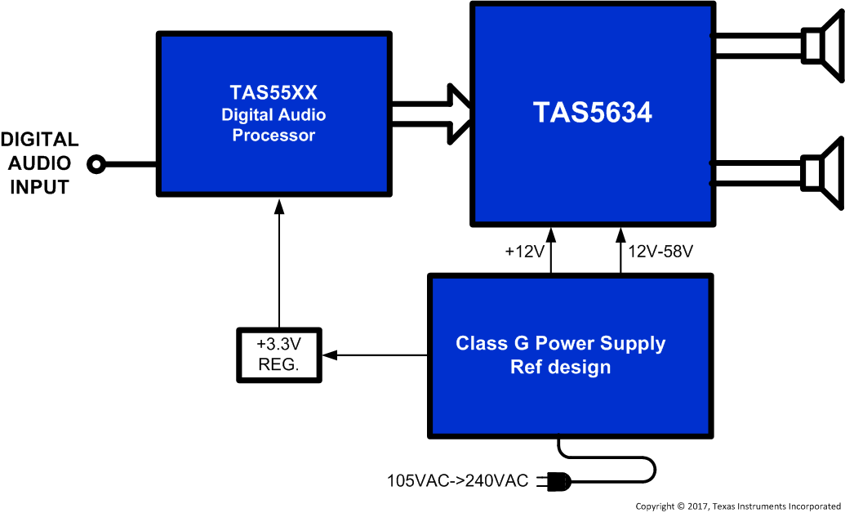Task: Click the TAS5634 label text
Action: point(593,113)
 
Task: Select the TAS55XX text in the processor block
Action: point(274,92)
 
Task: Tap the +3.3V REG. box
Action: point(279,355)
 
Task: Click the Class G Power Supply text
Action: point(560,344)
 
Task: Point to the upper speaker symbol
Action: point(821,46)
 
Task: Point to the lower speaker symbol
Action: point(821,172)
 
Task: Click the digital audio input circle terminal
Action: point(96,165)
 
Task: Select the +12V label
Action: point(524,252)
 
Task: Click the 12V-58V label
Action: point(660,252)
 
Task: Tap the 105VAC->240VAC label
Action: point(457,481)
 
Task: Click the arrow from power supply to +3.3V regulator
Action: point(376,355)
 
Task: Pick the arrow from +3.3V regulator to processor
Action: point(279,261)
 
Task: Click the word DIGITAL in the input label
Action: point(39,141)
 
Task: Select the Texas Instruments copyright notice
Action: point(738,506)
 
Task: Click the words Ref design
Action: point(560,368)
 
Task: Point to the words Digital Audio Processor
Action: point(274,125)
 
